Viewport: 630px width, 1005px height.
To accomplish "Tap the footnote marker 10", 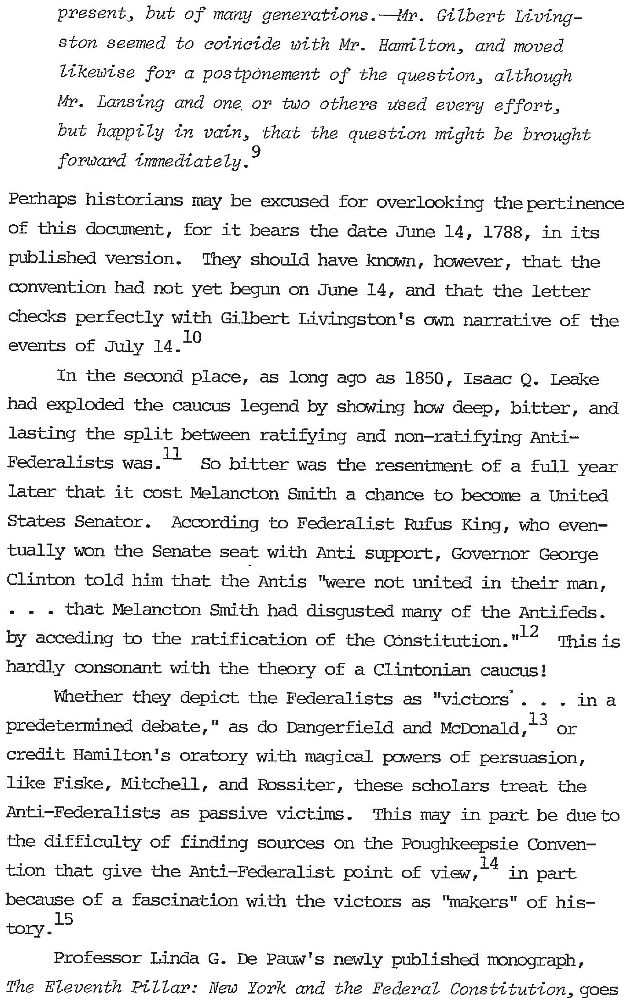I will click(x=192, y=337).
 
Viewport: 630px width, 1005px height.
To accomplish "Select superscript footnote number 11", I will click(x=172, y=454).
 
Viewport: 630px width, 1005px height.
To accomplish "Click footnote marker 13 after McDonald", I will click(x=538, y=719).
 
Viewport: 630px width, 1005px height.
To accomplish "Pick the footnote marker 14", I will click(x=489, y=863).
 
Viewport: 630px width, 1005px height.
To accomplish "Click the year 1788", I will click(x=503, y=233).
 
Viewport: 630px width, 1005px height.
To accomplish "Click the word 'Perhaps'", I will click(x=42, y=202).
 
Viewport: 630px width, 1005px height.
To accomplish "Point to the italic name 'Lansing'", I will click(x=130, y=104).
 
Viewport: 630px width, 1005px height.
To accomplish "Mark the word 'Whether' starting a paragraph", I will click(x=88, y=698).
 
